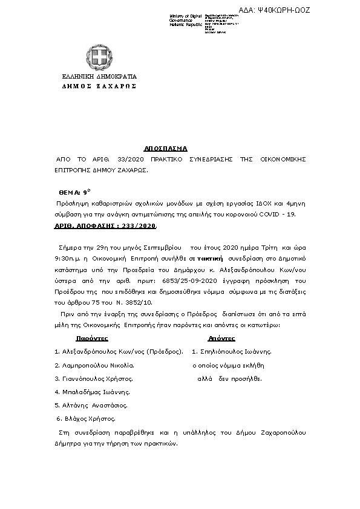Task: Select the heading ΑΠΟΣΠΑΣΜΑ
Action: coord(165,148)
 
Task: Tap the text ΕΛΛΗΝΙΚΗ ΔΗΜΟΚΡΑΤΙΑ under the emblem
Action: coord(100,77)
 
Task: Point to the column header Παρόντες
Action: coord(93,338)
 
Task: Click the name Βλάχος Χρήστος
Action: coord(88,418)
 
